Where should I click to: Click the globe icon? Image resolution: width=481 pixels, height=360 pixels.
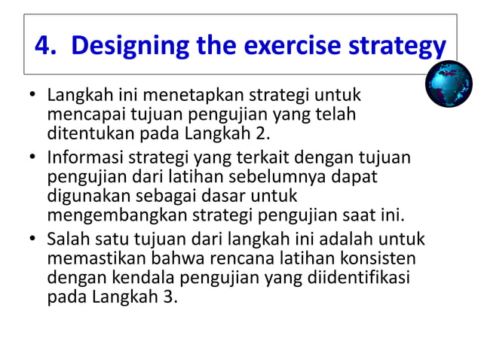click(x=449, y=84)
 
